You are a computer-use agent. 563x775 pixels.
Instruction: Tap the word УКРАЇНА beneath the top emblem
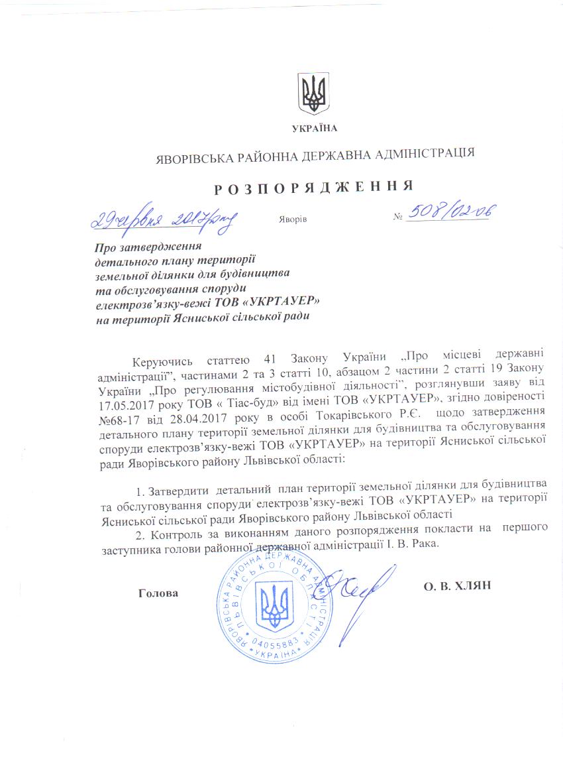pos(314,128)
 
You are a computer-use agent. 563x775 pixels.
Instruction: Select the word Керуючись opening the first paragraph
pos(162,361)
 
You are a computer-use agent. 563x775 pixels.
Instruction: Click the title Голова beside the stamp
pos(159,593)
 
